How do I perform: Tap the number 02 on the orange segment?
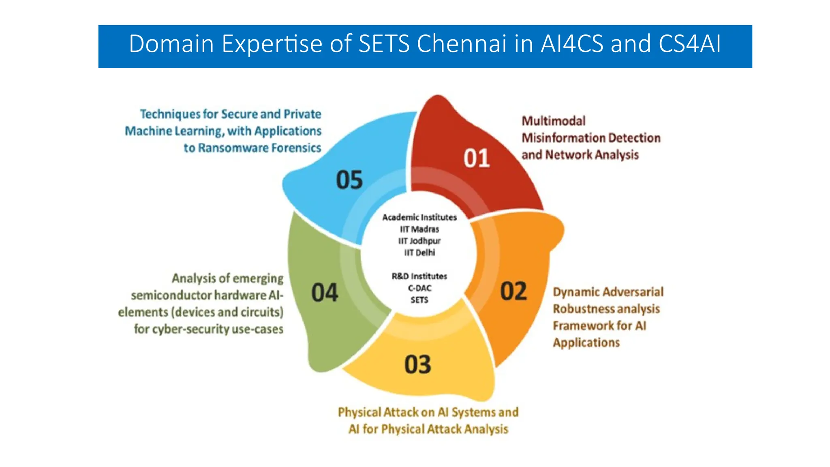click(513, 291)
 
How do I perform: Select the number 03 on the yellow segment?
click(418, 364)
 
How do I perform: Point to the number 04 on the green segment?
click(325, 293)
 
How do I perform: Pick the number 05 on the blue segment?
click(349, 180)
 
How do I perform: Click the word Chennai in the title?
click(462, 44)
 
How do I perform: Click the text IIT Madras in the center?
click(419, 229)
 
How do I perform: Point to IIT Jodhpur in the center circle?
click(419, 241)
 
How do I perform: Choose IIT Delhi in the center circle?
click(419, 253)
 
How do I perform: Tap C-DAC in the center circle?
click(419, 288)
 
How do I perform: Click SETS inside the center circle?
click(419, 300)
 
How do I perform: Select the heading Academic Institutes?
click(419, 217)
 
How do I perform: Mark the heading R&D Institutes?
click(419, 276)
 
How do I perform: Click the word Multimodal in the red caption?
click(554, 121)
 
